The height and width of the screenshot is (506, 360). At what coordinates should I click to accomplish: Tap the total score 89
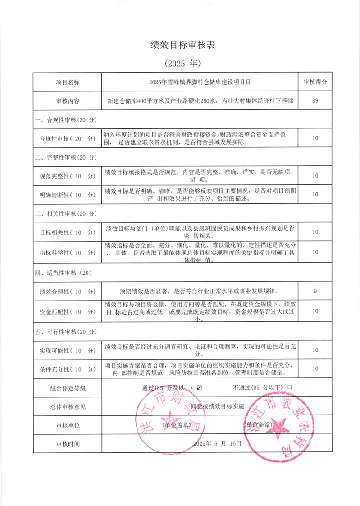click(315, 101)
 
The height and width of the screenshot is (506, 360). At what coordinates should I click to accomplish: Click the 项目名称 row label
click(68, 82)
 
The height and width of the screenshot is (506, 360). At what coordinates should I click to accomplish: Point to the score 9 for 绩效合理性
click(315, 291)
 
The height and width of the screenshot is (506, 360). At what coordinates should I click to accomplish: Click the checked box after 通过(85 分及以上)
click(200, 387)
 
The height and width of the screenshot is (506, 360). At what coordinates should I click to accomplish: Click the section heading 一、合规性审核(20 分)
click(66, 120)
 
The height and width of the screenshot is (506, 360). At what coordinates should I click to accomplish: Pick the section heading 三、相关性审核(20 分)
click(66, 213)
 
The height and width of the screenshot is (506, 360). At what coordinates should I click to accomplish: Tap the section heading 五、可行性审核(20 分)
click(66, 332)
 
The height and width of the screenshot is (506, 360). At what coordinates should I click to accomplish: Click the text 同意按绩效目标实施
click(217, 406)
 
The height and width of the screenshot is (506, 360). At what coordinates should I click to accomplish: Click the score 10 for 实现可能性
click(315, 350)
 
